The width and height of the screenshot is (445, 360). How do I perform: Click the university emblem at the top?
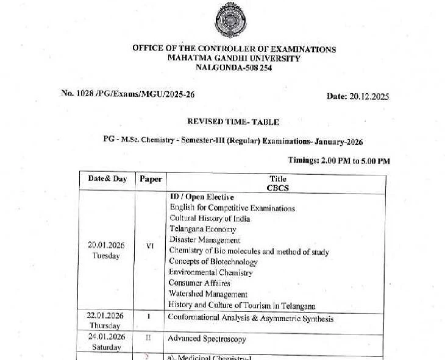click(233, 21)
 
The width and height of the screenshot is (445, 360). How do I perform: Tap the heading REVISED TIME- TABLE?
click(233, 122)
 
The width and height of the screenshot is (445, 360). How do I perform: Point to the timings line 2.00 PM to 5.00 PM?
click(339, 161)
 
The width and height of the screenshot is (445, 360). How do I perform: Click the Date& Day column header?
click(107, 179)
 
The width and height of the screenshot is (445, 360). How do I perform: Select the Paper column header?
click(151, 179)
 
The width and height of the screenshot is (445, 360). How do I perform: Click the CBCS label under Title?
click(277, 188)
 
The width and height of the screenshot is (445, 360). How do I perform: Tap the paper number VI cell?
click(150, 246)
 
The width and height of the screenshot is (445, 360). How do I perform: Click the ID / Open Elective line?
click(202, 197)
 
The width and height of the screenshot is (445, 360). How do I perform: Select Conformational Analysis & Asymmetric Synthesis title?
click(251, 318)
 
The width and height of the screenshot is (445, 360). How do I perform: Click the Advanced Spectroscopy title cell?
click(207, 338)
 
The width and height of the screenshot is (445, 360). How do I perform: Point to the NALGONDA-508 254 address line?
click(233, 68)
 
